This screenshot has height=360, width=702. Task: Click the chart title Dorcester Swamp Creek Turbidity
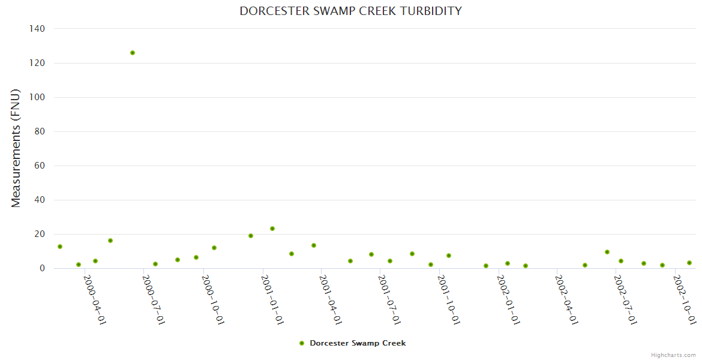point(350,11)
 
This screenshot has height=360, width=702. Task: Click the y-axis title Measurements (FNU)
point(16,148)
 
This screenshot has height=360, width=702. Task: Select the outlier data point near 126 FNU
point(133,53)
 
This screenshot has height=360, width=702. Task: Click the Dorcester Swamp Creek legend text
point(358,343)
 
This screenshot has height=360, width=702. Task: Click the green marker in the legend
point(302,343)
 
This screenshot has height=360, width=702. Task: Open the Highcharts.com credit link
point(673,355)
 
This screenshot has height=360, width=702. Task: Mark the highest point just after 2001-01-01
point(272,229)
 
